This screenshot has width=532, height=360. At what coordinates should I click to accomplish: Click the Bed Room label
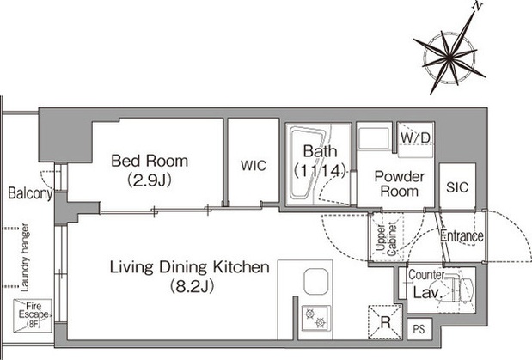coord(150,161)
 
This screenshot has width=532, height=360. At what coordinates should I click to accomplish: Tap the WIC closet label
coord(254,166)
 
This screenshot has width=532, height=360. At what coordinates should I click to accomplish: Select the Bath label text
coord(320,151)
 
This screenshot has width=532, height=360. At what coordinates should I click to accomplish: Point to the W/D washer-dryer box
coord(416,140)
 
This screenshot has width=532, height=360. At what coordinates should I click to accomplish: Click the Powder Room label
coord(400,184)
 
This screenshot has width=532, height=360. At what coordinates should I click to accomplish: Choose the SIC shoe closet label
coord(457,187)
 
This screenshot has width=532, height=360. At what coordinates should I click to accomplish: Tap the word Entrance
coord(462,235)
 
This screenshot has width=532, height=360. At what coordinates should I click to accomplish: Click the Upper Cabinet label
coord(387,239)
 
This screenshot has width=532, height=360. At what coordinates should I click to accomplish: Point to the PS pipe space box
coord(419,329)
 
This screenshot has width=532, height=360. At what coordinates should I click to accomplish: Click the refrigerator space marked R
coord(385,322)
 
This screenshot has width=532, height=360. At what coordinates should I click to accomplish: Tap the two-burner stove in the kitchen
coord(316,318)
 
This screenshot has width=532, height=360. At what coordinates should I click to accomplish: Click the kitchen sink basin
coord(316,281)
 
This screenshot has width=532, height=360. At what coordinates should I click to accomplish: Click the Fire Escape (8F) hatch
coord(33,315)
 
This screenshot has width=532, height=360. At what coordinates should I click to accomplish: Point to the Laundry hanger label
coord(25,258)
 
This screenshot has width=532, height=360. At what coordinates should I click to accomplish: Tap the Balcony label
coord(31,193)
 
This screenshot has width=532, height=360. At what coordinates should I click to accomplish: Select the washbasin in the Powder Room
coord(374,137)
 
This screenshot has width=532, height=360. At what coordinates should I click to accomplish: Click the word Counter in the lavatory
coord(426,274)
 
